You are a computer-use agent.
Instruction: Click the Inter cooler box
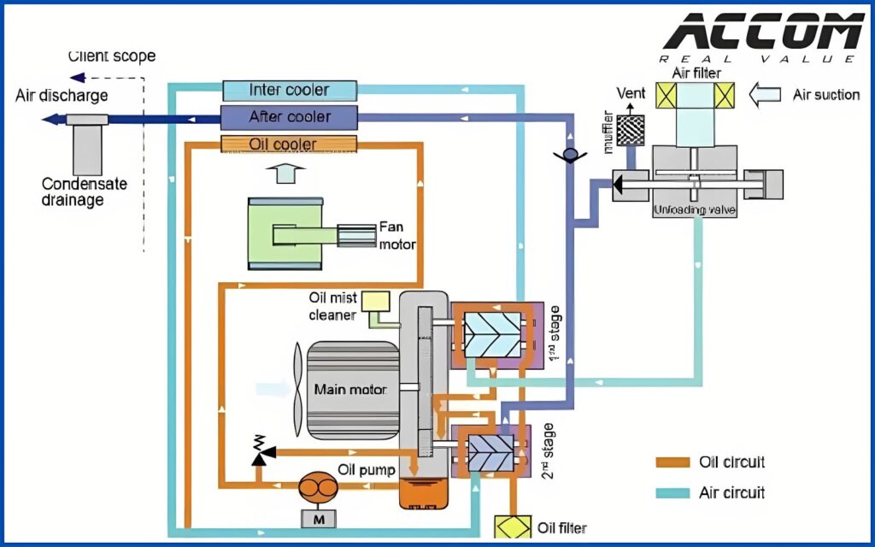[x=289, y=89]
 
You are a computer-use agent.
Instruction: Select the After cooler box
[x=289, y=117]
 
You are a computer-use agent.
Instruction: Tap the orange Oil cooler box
[x=282, y=144]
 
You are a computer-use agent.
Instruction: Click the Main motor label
[x=350, y=390]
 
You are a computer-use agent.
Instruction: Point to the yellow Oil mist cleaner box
[x=375, y=303]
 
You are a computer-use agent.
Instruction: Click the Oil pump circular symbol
[x=317, y=487]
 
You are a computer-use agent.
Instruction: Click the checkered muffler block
[x=632, y=128]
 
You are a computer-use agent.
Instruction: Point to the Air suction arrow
[x=766, y=94]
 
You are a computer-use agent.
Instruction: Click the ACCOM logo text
[x=763, y=33]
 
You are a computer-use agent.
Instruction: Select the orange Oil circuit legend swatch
[x=672, y=462]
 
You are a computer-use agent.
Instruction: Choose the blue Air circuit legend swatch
[x=672, y=493]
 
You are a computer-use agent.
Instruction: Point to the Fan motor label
[x=396, y=237]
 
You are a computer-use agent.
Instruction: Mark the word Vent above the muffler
[x=631, y=92]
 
